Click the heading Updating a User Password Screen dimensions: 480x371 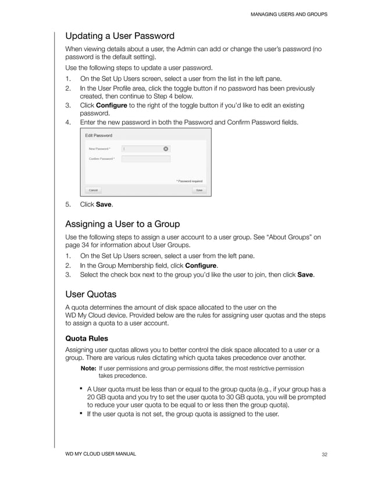pyautogui.click(x=120, y=36)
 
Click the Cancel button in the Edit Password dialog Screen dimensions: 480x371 pyautogui.click(x=92, y=190)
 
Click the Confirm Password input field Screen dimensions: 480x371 pyautogui.click(x=145, y=159)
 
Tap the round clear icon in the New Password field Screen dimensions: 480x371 pyautogui.click(x=166, y=149)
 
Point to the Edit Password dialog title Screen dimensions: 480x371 pyautogui.click(x=99, y=135)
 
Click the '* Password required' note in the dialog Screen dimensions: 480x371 pyautogui.click(x=189, y=181)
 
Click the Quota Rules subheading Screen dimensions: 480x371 pyautogui.click(x=87, y=338)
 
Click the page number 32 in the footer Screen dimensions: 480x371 pyautogui.click(x=324, y=454)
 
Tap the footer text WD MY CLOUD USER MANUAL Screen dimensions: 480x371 pyautogui.click(x=100, y=454)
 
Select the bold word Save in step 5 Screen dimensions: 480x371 pyautogui.click(x=104, y=205)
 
